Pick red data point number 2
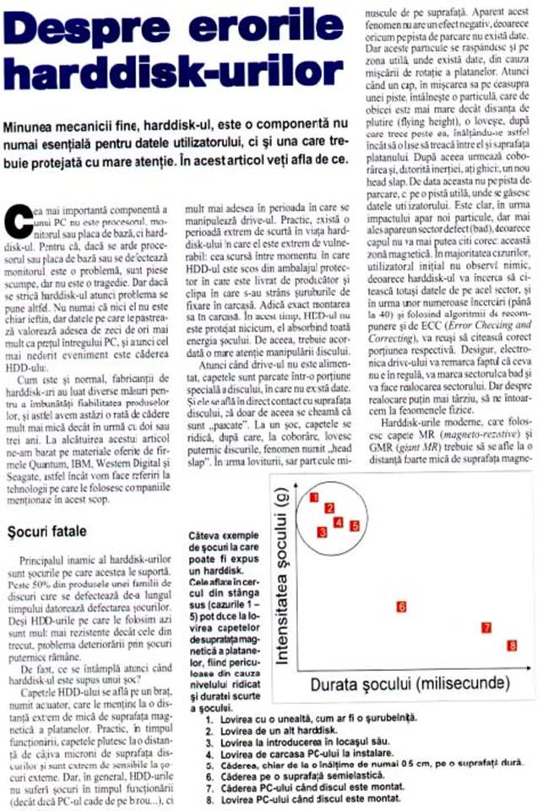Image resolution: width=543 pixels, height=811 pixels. click(x=330, y=508)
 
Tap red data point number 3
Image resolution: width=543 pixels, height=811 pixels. click(x=322, y=532)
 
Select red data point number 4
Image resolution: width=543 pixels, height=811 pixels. click(x=339, y=522)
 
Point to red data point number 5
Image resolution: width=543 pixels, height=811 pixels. click(x=356, y=525)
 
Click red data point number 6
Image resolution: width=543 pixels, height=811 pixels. click(x=401, y=606)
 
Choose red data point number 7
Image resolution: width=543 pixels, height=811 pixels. click(x=486, y=627)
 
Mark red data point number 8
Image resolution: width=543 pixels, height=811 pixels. click(x=512, y=646)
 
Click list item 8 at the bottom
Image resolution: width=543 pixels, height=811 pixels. click(x=303, y=797)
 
